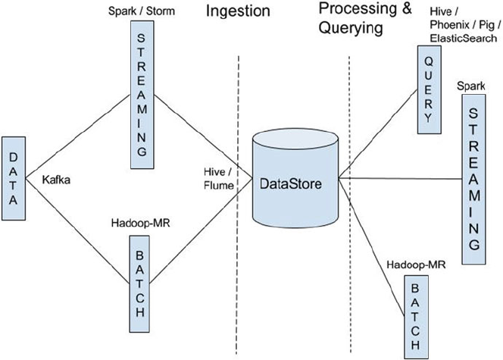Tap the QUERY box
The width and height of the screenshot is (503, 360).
tap(428, 89)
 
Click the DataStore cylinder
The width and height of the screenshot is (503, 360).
tap(295, 182)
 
